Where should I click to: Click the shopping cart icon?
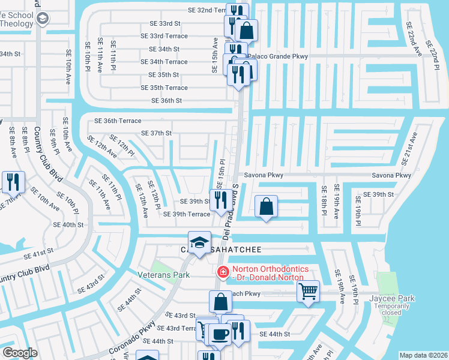pyautogui.click(x=308, y=292)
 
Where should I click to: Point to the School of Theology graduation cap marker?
pyautogui.click(x=42, y=19)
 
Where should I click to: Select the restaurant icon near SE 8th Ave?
pyautogui.click(x=12, y=181)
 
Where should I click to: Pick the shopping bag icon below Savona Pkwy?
pyautogui.click(x=266, y=206)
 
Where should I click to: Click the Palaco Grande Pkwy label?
pyautogui.click(x=277, y=56)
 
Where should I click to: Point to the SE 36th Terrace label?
pyautogui.click(x=118, y=121)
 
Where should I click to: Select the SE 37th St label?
pyautogui.click(x=156, y=133)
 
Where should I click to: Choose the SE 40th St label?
pyautogui.click(x=68, y=224)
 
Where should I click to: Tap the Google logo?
pyautogui.click(x=20, y=353)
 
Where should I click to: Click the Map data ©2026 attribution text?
pyautogui.click(x=423, y=355)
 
